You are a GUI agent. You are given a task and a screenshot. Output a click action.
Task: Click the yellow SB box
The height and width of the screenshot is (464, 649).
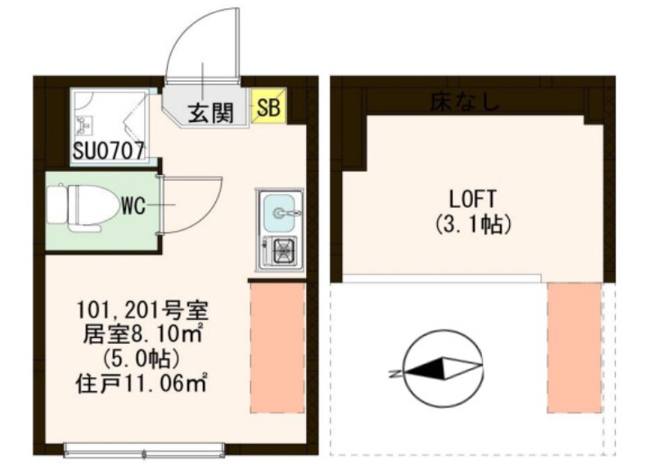(x=268, y=106)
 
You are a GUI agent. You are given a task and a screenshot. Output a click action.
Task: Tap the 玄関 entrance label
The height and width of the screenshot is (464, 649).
(x=210, y=113)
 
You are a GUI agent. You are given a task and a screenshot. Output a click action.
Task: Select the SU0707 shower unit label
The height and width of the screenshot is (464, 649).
(x=109, y=151)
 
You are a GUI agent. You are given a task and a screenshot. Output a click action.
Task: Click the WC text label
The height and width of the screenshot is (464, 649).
(x=133, y=206)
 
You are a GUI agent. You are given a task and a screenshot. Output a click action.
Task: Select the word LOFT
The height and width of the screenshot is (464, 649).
(x=474, y=198)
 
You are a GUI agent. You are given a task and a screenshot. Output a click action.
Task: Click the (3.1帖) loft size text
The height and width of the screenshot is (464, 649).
(x=474, y=223)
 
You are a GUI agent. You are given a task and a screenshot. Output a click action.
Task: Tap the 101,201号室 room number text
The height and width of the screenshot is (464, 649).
(x=144, y=311)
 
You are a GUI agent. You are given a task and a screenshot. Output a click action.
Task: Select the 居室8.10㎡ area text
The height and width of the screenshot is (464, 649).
(x=144, y=335)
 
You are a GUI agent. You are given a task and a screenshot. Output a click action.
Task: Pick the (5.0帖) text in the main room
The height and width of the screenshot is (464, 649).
(x=143, y=358)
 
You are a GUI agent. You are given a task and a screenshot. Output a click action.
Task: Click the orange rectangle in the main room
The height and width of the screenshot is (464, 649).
(x=276, y=347)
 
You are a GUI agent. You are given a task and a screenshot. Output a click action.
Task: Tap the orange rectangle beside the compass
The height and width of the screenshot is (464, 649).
(x=574, y=347)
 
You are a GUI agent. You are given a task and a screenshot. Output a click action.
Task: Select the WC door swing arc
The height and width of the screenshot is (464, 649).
(x=196, y=206)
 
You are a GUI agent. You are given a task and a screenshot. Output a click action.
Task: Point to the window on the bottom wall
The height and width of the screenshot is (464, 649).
(x=144, y=449)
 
